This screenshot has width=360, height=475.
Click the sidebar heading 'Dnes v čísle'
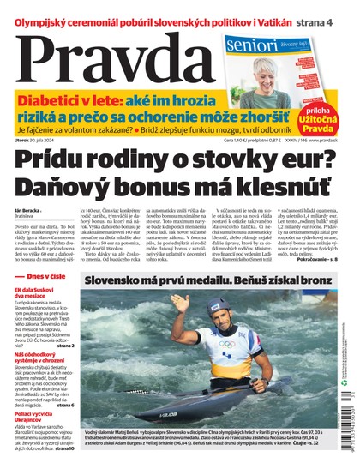[x=54, y=277]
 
